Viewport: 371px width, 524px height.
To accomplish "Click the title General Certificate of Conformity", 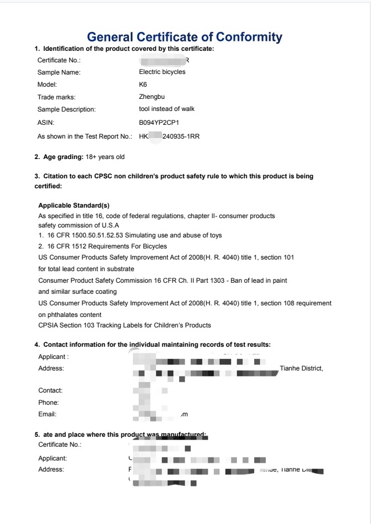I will click(x=185, y=37).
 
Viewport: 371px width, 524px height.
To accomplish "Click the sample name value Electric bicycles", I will click(x=162, y=72).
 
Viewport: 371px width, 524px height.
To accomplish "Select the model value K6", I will click(x=143, y=84).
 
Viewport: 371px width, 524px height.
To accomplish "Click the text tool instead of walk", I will click(x=166, y=109).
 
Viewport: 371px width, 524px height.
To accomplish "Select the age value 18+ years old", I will click(x=105, y=157).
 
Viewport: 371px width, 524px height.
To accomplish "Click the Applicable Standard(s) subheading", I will click(x=74, y=205).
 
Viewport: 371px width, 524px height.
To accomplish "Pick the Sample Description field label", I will click(x=66, y=109).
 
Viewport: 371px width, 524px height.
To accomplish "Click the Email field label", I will click(x=47, y=414).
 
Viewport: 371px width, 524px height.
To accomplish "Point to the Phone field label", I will click(x=48, y=403).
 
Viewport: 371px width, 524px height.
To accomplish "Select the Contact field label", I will click(x=50, y=390).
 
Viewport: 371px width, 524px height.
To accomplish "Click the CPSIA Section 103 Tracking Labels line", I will click(x=125, y=325).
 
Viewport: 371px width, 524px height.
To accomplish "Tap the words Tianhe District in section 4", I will click(x=301, y=368).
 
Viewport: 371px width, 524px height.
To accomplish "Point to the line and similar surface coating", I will click(x=77, y=292).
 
